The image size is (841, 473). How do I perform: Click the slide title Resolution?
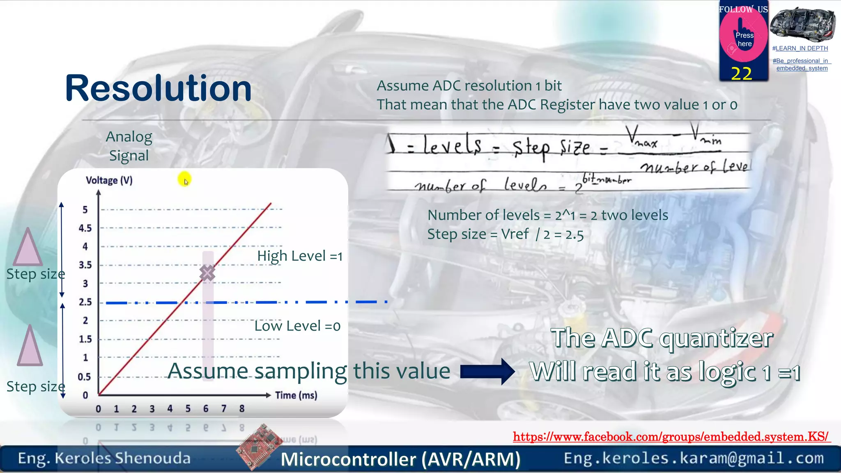coord(158,88)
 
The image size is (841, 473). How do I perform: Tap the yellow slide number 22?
coord(742,74)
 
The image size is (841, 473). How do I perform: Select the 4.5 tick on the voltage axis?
coord(85,228)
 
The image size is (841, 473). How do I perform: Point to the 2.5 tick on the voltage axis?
coord(85,302)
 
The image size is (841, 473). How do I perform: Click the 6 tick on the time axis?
coord(206,409)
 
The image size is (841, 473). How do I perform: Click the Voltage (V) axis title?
coord(109,180)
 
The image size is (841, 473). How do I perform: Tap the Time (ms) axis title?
coord(296,395)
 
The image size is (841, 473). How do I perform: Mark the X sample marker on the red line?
coord(207,273)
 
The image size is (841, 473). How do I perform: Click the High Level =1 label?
coord(300,256)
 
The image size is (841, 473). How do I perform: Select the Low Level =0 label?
coord(297,326)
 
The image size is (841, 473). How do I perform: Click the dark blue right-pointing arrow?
coord(487,372)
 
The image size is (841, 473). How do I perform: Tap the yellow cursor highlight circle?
coord(185,179)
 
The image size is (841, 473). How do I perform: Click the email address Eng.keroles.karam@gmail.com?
coord(694,458)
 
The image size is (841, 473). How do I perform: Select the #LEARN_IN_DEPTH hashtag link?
coord(800,48)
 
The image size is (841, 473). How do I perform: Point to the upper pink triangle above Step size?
coord(28,249)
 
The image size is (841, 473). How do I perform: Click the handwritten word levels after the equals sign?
coord(452,146)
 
